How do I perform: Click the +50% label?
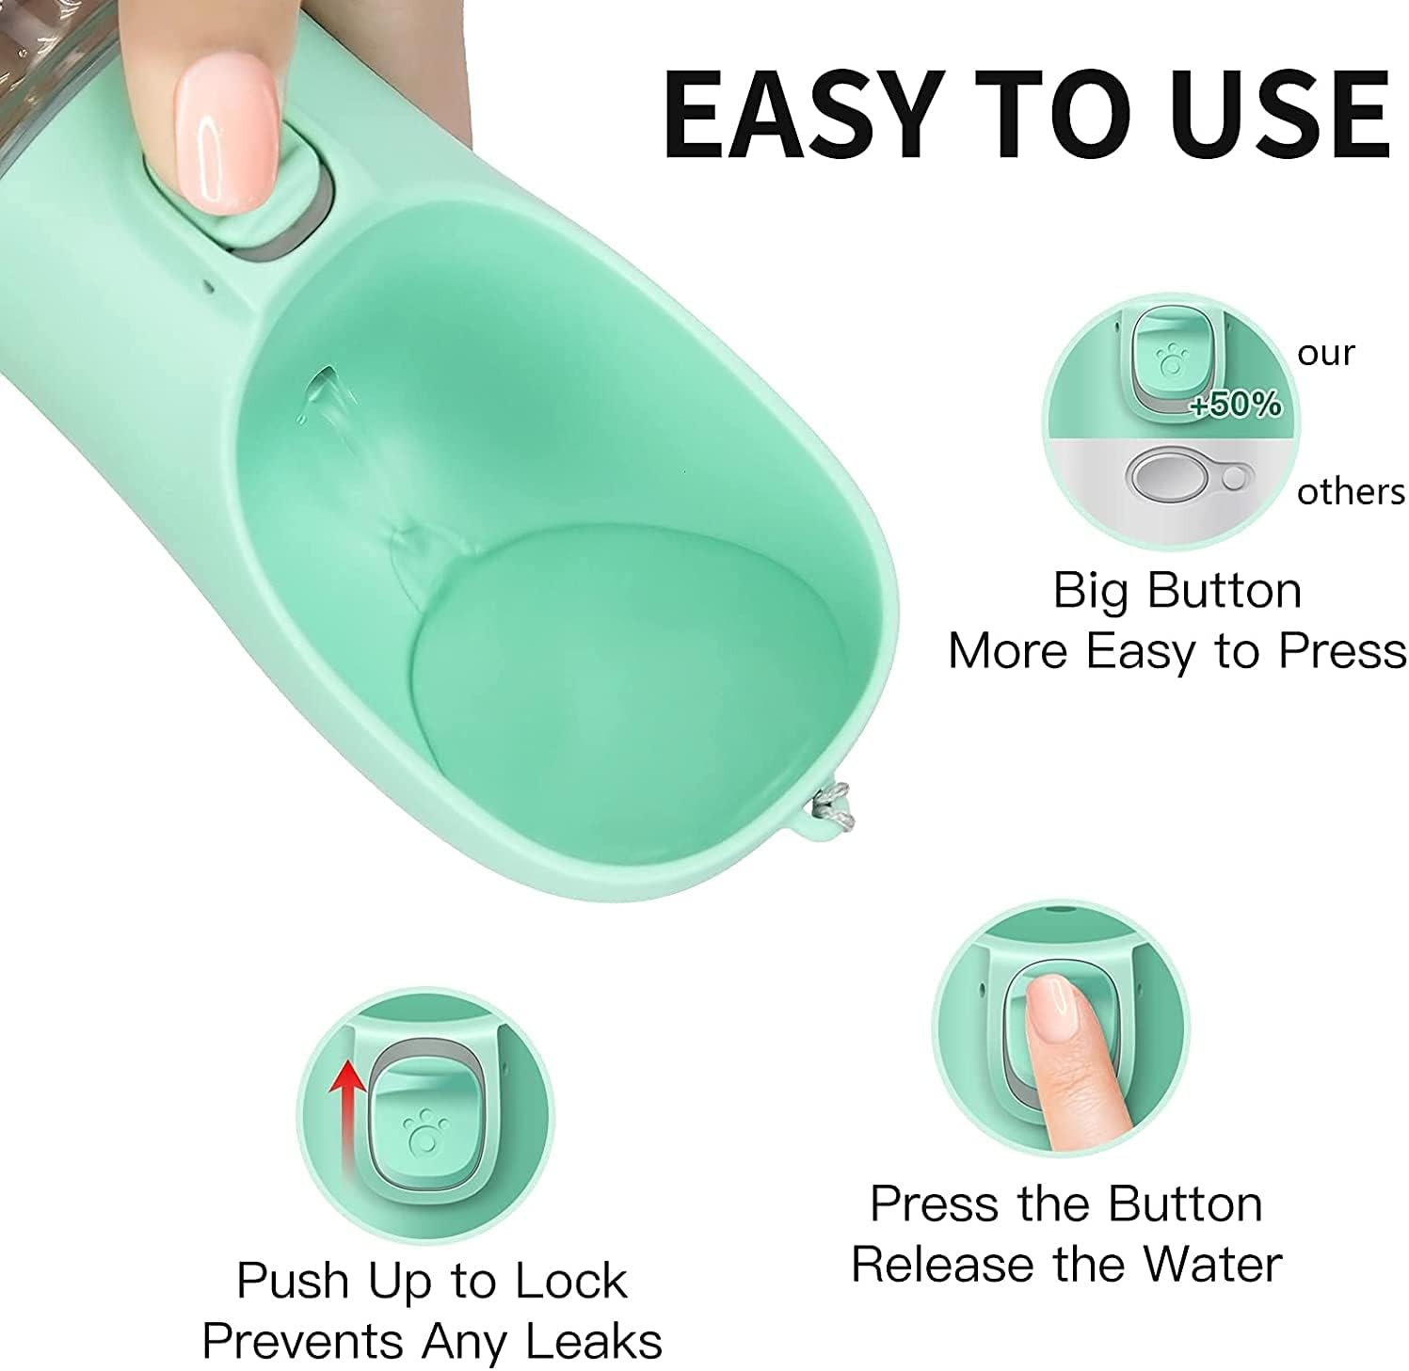[1235, 405]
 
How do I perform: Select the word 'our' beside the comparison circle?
[1325, 353]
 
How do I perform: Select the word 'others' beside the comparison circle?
[1351, 491]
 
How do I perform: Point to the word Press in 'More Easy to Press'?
[1341, 650]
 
